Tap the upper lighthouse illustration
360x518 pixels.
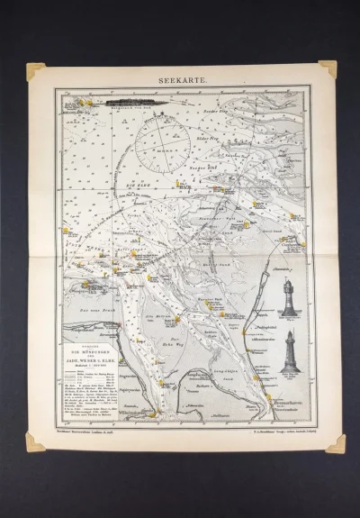pos(288,296)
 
